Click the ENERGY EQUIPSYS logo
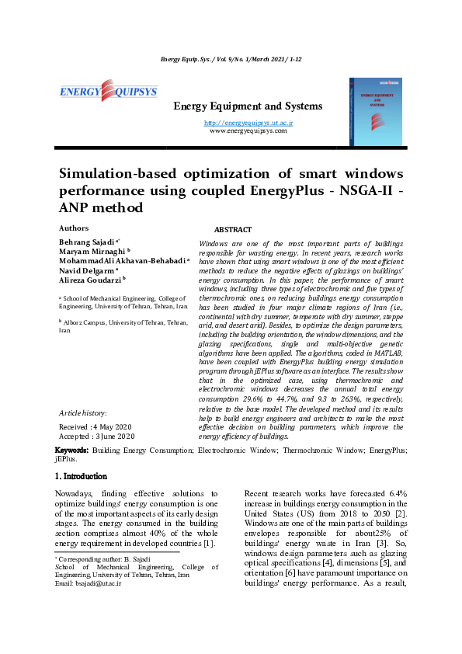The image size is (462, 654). pos(109,92)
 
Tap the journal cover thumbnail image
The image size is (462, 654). pos(375,111)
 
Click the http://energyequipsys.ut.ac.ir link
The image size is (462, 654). pos(248,123)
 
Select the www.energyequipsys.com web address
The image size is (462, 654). pos(248,130)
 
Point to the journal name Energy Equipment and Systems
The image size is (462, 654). pos(247,106)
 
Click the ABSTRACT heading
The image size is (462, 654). pos(232,230)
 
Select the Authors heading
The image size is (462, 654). pos(74,228)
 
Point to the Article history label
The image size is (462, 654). pos(83,413)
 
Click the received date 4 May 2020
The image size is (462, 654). pos(112,427)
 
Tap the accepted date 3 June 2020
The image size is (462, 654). pos(113,437)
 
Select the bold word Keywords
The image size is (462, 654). pos(71,450)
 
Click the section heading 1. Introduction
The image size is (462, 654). pos(81,476)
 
